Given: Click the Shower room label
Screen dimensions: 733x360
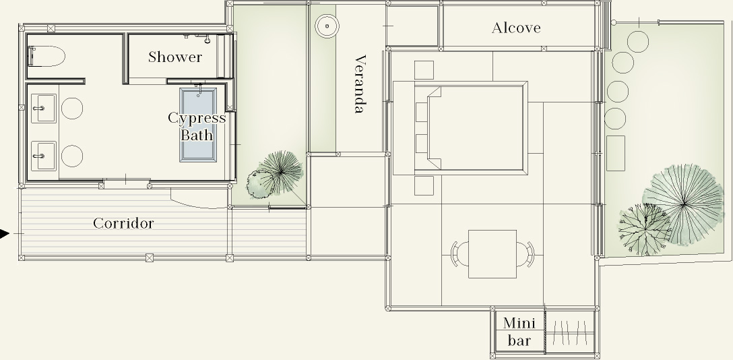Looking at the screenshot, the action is click(x=175, y=57).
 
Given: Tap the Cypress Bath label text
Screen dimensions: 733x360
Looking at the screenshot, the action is click(x=197, y=126).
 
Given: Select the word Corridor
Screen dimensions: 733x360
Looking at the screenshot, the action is click(x=123, y=223).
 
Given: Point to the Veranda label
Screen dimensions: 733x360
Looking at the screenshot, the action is click(x=359, y=84).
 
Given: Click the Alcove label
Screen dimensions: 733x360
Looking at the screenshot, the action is click(x=516, y=28).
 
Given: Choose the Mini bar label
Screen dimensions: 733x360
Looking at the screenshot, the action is click(x=519, y=332).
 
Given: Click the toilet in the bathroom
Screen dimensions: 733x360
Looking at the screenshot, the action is click(x=46, y=57).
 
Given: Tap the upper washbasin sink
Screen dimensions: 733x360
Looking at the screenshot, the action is click(x=44, y=109).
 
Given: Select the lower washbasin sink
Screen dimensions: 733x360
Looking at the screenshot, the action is click(x=44, y=156).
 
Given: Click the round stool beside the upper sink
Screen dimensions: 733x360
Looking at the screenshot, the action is click(x=72, y=108).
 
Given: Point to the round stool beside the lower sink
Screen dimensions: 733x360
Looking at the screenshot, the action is click(x=72, y=156).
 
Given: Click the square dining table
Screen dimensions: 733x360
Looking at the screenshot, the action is click(x=492, y=254).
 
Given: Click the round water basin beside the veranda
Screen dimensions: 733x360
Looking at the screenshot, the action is click(x=327, y=26).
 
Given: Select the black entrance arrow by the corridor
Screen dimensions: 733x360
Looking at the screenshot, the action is click(x=4, y=233).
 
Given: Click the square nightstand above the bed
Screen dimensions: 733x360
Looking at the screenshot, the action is click(x=424, y=70).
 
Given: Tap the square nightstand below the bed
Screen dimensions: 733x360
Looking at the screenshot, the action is click(x=424, y=185).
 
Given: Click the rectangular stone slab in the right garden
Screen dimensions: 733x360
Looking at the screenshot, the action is click(x=616, y=153).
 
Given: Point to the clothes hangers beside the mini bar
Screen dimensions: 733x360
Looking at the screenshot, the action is click(x=569, y=332).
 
